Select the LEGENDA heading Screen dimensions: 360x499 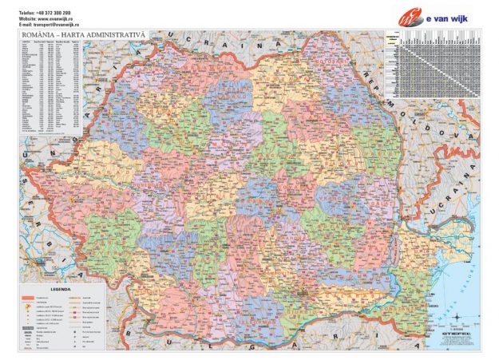coord(61,289)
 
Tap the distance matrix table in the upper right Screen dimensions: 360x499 coord(431,65)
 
